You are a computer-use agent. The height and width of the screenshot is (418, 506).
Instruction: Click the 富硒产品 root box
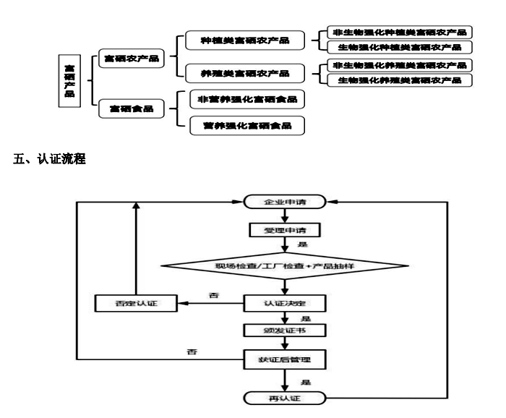[69, 80]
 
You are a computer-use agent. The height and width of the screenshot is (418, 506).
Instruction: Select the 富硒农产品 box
[131, 59]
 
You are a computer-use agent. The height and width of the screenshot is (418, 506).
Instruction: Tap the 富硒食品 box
[131, 108]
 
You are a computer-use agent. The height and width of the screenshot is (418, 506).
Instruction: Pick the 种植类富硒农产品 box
[244, 40]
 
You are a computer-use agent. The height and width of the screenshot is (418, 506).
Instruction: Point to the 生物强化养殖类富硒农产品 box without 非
[399, 80]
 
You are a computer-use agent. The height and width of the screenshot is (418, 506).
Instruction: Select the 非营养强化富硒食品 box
[246, 99]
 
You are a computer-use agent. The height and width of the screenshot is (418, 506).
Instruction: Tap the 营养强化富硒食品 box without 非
[246, 126]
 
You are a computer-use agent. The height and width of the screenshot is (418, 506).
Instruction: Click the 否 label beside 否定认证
[213, 295]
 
